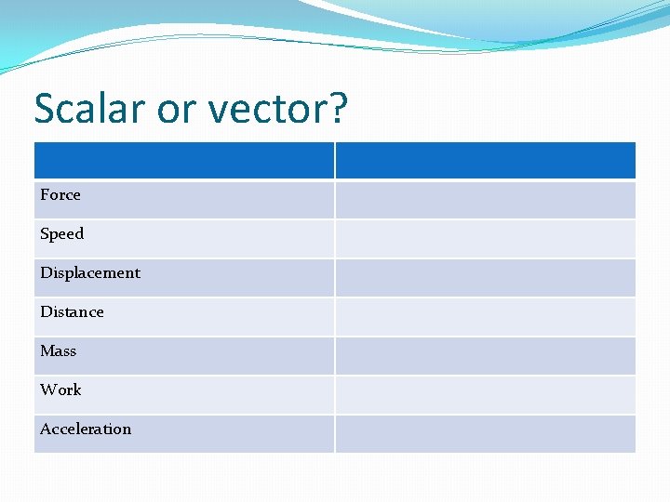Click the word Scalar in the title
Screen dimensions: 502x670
89,109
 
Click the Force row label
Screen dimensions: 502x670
60,195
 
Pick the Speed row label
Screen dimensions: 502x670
61,234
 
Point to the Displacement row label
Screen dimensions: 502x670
90,273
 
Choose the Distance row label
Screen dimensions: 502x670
72,312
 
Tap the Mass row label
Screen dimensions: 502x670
58,351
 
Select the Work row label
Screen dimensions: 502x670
60,390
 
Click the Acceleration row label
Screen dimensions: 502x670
86,429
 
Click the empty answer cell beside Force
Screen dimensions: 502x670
485,199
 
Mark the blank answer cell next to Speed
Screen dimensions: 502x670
485,238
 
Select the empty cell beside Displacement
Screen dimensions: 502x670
485,277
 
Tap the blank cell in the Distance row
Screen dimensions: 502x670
485,316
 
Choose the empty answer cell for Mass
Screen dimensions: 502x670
485,355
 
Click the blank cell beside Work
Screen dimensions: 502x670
485,394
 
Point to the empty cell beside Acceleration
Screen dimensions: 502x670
485,433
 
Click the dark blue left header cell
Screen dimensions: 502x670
183,160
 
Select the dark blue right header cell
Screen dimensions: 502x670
485,160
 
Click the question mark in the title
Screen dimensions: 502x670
337,108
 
